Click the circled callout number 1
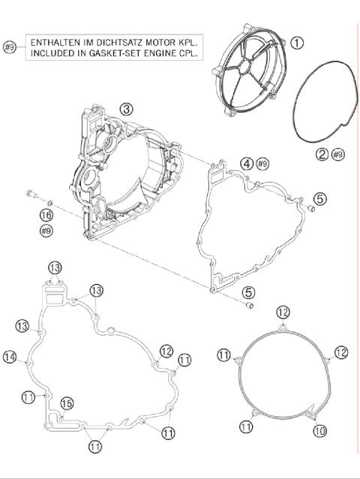(x=297, y=43)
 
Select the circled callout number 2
(x=322, y=154)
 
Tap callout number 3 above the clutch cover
(x=127, y=109)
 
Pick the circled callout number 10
(x=319, y=431)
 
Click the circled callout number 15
(x=66, y=404)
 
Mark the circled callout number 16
(x=46, y=216)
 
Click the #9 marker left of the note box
(x=10, y=47)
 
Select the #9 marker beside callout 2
(x=337, y=154)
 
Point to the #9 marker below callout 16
(x=46, y=232)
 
